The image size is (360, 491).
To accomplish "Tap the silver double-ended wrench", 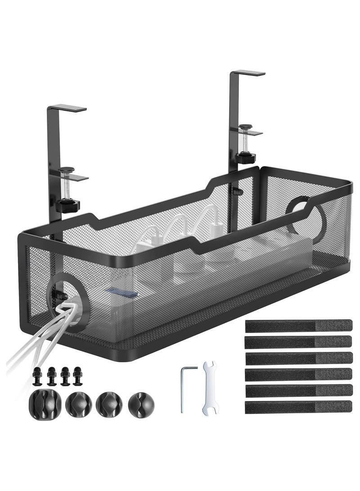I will (x=207, y=387).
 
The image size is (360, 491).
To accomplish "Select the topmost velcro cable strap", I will (x=299, y=324).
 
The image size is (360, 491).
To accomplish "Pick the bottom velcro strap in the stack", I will (x=299, y=407).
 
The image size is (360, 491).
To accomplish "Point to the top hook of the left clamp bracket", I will (x=67, y=108).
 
